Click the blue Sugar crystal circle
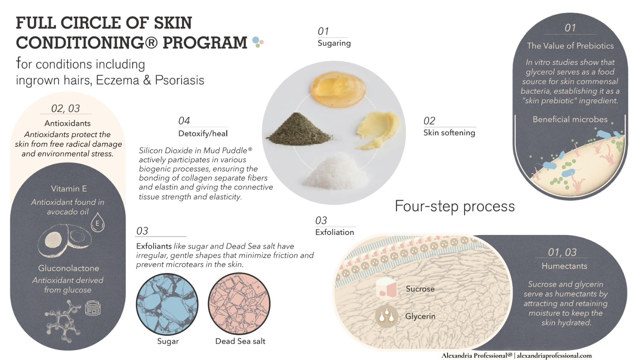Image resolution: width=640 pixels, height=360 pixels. tap(167, 304)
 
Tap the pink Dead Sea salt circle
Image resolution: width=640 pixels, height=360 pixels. tap(239, 304)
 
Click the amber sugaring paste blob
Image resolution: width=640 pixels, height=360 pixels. tap(338, 89)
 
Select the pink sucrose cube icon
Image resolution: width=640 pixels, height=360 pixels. tap(386, 288)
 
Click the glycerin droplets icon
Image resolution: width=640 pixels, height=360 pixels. tap(386, 316)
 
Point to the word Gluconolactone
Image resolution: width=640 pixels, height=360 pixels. tap(69, 268)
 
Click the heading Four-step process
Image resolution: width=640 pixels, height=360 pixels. tap(455, 206)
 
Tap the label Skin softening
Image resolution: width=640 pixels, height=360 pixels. tap(449, 133)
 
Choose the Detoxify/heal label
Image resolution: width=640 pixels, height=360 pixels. tap(203, 134)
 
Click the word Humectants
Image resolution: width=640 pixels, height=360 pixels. tap(564, 266)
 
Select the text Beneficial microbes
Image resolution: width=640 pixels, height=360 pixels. tap(570, 119)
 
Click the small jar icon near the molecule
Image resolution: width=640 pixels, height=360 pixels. tap(93, 308)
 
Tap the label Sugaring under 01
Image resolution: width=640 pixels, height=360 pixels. tap(334, 43)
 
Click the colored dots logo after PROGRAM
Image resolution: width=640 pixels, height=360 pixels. tap(257, 42)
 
